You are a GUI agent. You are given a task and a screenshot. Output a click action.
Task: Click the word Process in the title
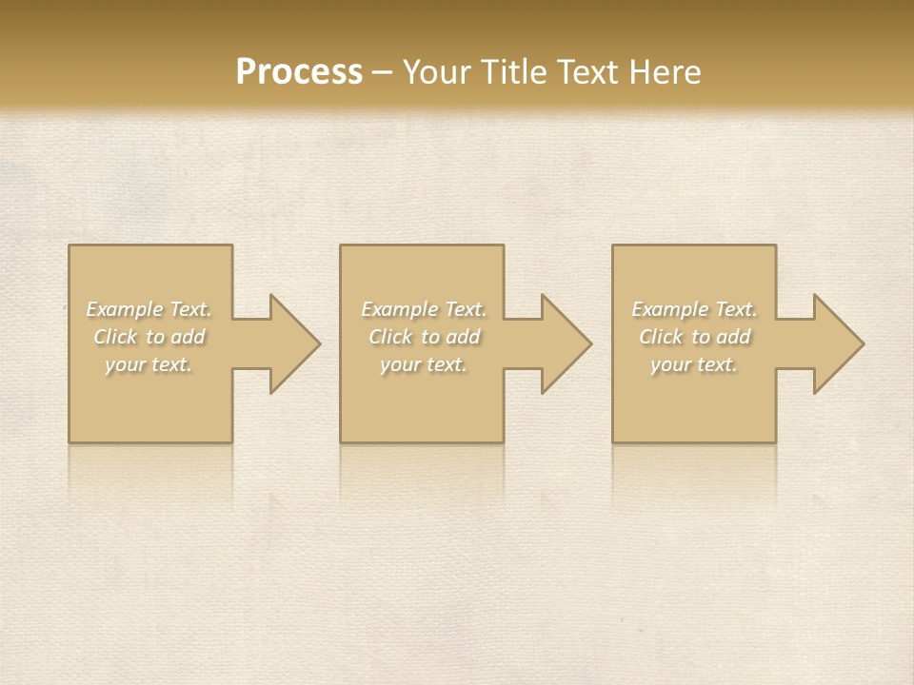(x=299, y=72)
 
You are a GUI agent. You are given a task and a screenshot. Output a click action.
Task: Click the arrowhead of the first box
(x=291, y=344)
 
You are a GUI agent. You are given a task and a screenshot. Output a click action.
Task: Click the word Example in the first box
(x=125, y=309)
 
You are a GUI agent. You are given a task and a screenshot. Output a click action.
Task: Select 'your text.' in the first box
(x=149, y=364)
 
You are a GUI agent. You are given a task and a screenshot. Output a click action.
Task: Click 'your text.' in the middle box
(x=424, y=364)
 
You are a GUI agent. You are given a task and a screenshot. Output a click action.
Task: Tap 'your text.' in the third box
(x=694, y=364)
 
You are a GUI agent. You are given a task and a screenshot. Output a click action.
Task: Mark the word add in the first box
(x=189, y=337)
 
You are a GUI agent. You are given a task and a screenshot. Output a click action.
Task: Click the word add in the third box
(x=734, y=337)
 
